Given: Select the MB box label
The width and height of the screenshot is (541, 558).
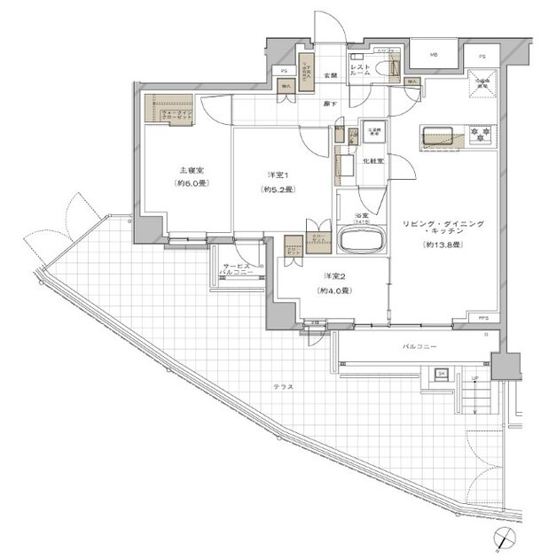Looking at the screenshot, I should tap(435, 56).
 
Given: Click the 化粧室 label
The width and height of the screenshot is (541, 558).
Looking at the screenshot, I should tap(372, 161).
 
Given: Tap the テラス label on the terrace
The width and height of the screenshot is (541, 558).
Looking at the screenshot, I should tap(284, 388).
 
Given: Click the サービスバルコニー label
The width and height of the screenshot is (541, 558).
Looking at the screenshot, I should tap(239, 270).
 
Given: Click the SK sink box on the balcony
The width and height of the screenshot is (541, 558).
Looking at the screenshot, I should tap(442, 374).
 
